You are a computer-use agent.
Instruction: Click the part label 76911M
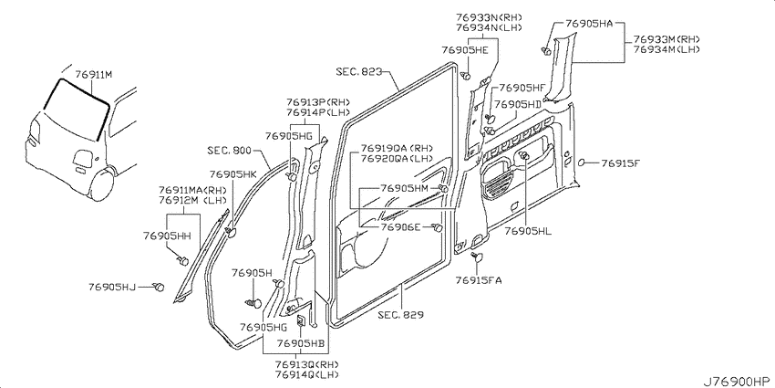pyautogui.click(x=94, y=75)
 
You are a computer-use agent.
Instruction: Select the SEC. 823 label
pyautogui.click(x=359, y=72)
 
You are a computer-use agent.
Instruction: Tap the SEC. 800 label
pyautogui.click(x=229, y=151)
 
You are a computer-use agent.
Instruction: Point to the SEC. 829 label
pyautogui.click(x=401, y=314)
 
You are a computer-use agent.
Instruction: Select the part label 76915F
pyautogui.click(x=620, y=163)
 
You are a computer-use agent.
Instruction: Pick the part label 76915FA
pyautogui.click(x=479, y=280)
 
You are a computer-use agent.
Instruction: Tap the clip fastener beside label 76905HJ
pyautogui.click(x=159, y=287)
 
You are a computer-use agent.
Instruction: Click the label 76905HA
pyautogui.click(x=589, y=23)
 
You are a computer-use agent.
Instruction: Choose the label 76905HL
pyautogui.click(x=528, y=231)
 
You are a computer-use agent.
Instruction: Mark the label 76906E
pyautogui.click(x=400, y=227)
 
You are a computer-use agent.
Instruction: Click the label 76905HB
pyautogui.click(x=300, y=343)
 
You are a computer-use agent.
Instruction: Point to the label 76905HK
pyautogui.click(x=233, y=174)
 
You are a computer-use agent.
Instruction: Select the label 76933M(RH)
pyautogui.click(x=666, y=39)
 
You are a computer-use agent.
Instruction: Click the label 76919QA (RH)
pyautogui.click(x=397, y=149)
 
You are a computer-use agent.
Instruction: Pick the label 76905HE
pyautogui.click(x=465, y=49)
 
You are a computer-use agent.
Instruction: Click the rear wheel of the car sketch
pyautogui.click(x=103, y=184)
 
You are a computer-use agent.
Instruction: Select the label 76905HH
pyautogui.click(x=167, y=236)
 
